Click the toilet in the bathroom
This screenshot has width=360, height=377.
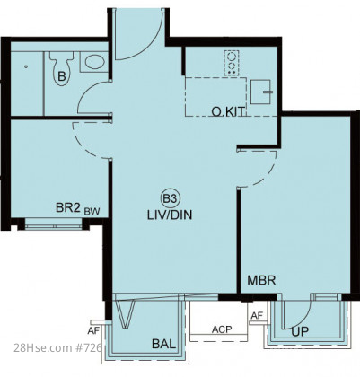point(61,69)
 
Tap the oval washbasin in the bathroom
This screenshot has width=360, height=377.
point(94,62)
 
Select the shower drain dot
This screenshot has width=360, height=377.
point(27,66)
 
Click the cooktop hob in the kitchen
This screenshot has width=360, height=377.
point(232,63)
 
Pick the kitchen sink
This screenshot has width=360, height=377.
point(261,92)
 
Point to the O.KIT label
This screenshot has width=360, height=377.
point(228,111)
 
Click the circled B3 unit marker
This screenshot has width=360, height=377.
point(170,198)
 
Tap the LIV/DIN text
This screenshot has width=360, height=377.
point(170,215)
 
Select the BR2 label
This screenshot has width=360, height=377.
point(68,207)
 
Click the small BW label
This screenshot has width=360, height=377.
point(92,212)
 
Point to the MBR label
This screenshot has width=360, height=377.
point(261,280)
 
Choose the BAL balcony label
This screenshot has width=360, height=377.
point(163,344)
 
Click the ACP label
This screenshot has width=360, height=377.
point(222,329)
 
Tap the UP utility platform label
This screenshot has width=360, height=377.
point(300,331)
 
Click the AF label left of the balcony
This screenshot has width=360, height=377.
point(92,331)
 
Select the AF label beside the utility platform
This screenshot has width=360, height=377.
point(257,315)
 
